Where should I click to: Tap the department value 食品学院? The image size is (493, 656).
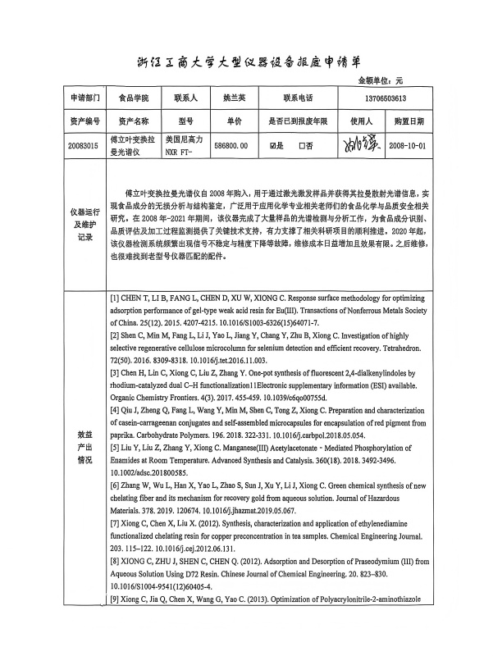[135, 98]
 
